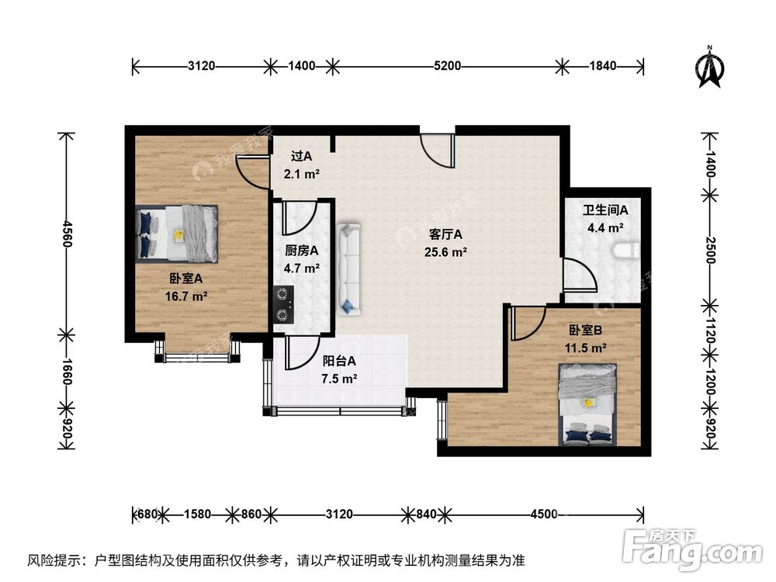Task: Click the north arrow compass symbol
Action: click(x=709, y=68)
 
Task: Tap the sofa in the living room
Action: click(x=350, y=269)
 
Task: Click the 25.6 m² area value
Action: click(x=445, y=251)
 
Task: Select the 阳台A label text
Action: click(x=339, y=361)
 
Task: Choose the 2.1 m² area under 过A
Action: click(x=302, y=174)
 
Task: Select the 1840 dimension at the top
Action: click(x=602, y=66)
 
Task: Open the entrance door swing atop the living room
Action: click(x=437, y=148)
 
